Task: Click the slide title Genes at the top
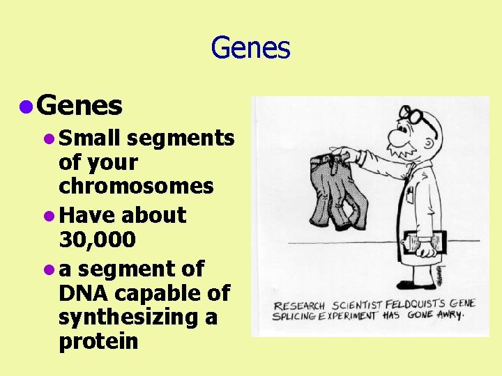(x=250, y=48)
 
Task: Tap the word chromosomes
(x=136, y=186)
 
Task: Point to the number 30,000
(x=97, y=240)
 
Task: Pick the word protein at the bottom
(x=98, y=341)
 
